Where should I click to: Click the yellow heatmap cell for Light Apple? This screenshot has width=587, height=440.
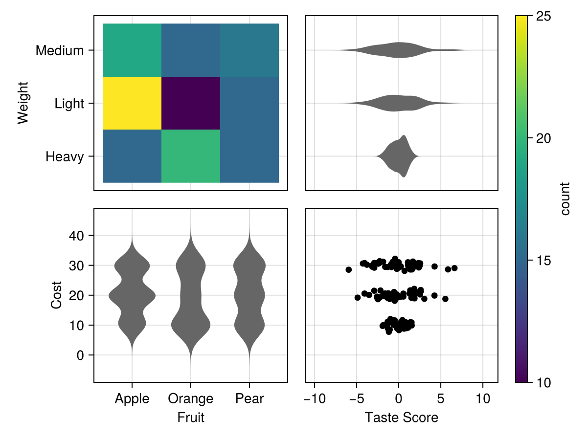coord(132,103)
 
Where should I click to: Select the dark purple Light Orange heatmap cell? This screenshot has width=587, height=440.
coord(191,103)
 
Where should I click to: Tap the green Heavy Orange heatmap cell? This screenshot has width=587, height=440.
coord(191,156)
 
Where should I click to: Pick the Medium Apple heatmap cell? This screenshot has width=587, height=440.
coord(132,50)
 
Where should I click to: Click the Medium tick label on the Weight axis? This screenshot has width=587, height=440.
coord(60,50)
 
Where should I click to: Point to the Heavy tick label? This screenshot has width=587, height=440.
coord(65,157)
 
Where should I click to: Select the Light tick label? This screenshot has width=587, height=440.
coord(69,104)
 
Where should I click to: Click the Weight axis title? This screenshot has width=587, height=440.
coord(23,103)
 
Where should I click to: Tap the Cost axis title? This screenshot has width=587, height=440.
coord(57,295)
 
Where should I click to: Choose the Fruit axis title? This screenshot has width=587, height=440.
coord(191,418)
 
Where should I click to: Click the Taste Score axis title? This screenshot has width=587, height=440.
coord(401,418)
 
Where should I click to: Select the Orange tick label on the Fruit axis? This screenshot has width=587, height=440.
coord(191,399)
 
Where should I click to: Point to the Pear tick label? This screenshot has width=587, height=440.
coord(249,399)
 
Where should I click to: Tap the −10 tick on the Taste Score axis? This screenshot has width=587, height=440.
coord(314,399)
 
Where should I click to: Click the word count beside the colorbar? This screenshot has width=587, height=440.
coord(565,198)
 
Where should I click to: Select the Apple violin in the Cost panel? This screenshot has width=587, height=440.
coord(132,295)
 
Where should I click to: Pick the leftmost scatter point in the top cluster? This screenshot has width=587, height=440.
coord(348,269)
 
